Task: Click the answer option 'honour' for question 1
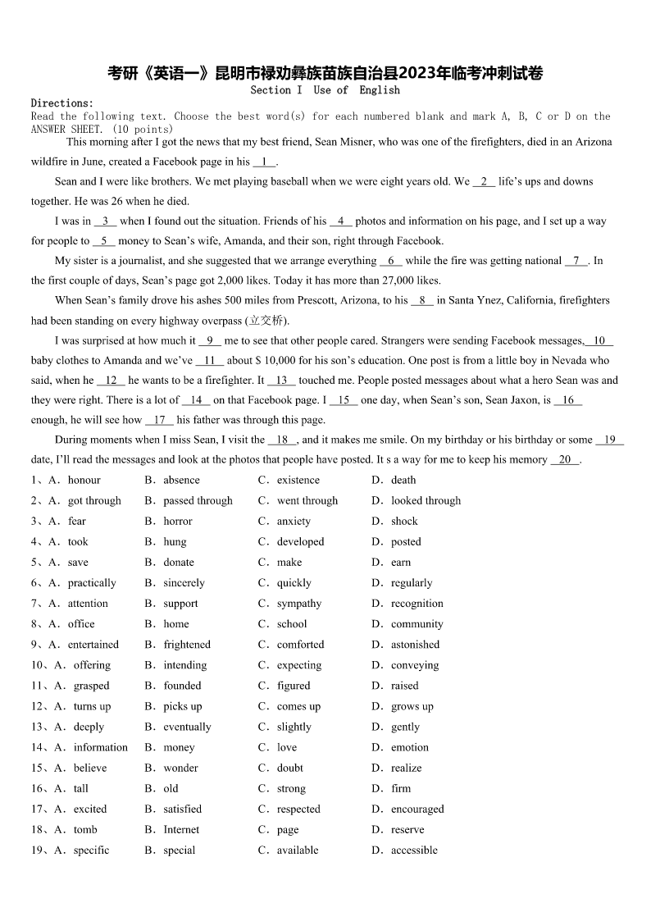(84, 480)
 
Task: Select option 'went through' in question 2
(307, 500)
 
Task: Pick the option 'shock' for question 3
(404, 521)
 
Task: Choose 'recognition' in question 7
(417, 603)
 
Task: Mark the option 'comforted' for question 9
(300, 644)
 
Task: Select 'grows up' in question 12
(412, 705)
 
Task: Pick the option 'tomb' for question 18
(85, 829)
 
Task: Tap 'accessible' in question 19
(414, 850)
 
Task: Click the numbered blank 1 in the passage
(265, 162)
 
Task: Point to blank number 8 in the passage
(421, 300)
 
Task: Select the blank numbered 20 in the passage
(565, 459)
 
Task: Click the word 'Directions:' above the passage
(62, 103)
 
